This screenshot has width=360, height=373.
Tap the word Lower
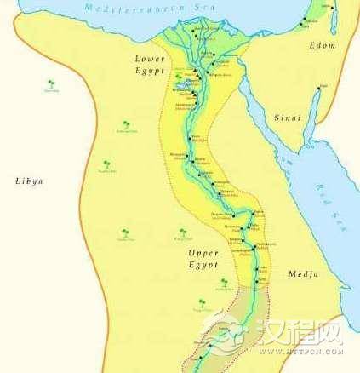149,57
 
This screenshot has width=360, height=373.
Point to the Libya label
29,181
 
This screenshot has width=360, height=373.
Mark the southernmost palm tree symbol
201,301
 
